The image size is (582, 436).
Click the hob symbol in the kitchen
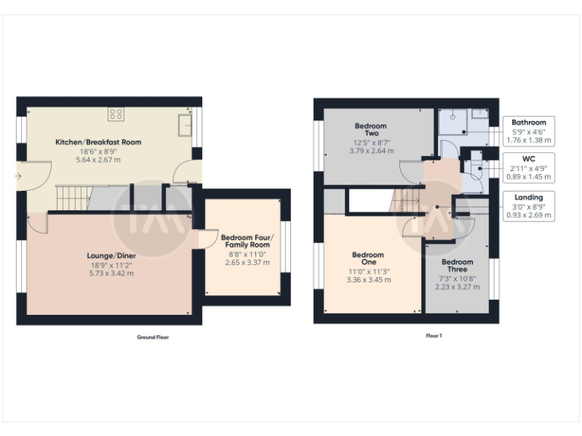point(116,114)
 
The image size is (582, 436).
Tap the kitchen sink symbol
point(184,123)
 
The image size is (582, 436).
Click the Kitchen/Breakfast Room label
point(98,142)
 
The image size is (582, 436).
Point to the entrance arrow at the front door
point(18,176)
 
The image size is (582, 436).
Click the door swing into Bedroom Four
point(205,240)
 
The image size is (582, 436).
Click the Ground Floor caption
point(152,337)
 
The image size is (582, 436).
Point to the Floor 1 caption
point(433,335)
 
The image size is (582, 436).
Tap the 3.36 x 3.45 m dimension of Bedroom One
point(368,280)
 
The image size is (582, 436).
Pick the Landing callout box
point(528,206)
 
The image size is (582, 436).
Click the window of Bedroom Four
point(286,248)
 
